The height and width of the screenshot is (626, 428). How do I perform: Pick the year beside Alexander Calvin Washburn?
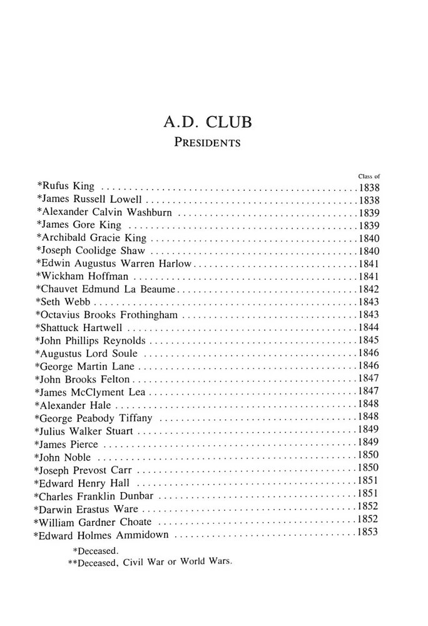tap(370, 212)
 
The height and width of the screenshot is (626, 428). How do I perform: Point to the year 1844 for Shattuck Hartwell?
tap(369, 328)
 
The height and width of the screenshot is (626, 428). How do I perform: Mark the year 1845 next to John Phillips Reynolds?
tap(369, 341)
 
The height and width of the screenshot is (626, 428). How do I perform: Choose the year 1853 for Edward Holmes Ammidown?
tap(367, 532)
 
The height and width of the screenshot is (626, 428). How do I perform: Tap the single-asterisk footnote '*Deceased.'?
tap(96, 551)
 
